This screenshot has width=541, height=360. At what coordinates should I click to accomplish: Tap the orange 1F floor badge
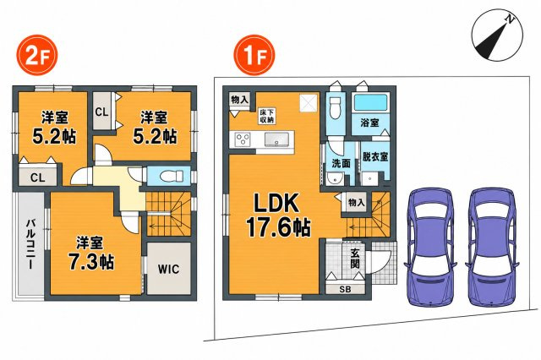tap(254, 56)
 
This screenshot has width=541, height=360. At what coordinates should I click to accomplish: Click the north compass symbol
tap(497, 36)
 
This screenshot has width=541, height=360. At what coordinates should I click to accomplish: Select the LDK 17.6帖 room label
tap(278, 216)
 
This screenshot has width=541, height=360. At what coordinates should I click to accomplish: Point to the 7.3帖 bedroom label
tap(90, 254)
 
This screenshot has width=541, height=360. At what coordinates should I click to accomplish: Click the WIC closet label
tap(169, 269)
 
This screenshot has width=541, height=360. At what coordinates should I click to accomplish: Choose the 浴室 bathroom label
tap(369, 123)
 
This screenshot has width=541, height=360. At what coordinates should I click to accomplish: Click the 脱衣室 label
tap(375, 157)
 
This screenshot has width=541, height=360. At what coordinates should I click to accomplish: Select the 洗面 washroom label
tap(341, 163)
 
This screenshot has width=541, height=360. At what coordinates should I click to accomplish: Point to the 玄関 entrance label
tap(354, 259)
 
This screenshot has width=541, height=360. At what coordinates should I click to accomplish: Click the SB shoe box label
tap(345, 290)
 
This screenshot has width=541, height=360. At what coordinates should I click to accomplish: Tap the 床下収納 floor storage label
tap(267, 117)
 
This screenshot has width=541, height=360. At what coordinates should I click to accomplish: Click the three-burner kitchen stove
tap(243, 140)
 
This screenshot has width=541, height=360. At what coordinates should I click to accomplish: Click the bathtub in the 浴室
tap(370, 103)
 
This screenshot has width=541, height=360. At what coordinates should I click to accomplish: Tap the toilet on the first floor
tap(335, 107)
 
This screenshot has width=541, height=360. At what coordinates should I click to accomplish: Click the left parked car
tap(430, 247)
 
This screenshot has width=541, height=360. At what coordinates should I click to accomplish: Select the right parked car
tap(492, 247)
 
